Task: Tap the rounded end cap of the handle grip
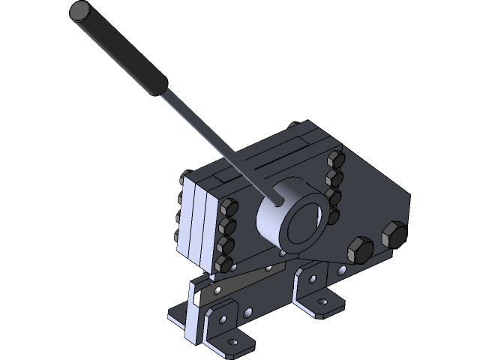pyautogui.click(x=79, y=11)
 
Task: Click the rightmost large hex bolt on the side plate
pyautogui.click(x=393, y=234)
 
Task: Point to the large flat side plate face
pyautogui.click(x=367, y=202)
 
